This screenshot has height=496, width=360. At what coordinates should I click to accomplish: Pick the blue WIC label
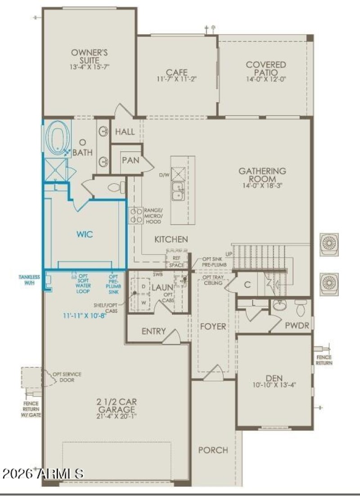click(x=85, y=234)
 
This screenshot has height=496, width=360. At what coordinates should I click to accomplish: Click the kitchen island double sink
click(x=179, y=190)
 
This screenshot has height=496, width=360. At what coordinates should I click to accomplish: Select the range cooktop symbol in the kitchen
click(x=135, y=215)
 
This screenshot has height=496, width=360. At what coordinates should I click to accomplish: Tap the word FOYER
click(x=213, y=326)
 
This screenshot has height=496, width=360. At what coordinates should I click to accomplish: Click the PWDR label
click(x=297, y=325)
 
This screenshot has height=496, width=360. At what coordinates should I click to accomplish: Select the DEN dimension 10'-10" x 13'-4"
click(x=274, y=385)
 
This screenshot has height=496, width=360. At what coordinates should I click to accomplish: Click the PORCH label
click(x=213, y=450)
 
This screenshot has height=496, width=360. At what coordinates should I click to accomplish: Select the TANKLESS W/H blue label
click(x=29, y=280)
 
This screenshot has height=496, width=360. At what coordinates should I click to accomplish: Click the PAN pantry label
click(x=130, y=160)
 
